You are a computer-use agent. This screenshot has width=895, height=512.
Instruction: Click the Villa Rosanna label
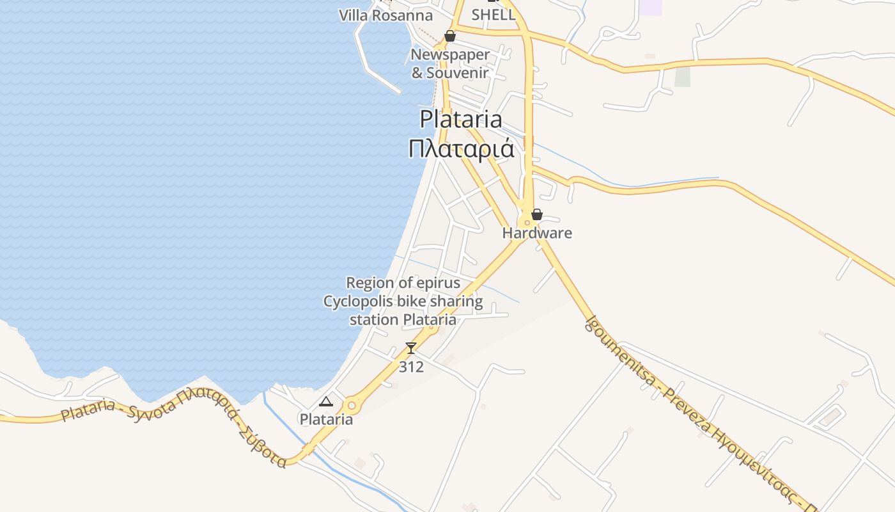[x=385, y=15]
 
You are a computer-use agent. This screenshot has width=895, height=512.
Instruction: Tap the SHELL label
[x=493, y=15]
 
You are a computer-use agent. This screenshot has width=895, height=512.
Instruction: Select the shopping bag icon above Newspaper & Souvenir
[x=450, y=36]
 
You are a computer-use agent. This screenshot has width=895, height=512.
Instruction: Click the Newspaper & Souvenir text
[x=449, y=63]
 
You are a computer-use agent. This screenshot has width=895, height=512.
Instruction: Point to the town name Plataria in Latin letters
[x=461, y=119]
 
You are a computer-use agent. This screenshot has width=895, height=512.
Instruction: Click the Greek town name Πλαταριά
[x=461, y=148]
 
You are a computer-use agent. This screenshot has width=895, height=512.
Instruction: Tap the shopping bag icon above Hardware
[x=537, y=214]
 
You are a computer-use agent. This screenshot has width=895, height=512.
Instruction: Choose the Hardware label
[x=537, y=233]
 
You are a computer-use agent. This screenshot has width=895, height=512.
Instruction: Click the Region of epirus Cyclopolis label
[x=403, y=301]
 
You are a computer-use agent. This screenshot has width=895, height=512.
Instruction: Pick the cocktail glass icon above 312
[x=411, y=348]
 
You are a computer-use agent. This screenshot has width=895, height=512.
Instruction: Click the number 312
[x=411, y=367]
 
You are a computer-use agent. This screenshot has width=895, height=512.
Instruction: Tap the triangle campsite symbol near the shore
[x=326, y=402]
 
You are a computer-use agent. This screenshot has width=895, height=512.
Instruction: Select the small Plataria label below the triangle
[x=326, y=419]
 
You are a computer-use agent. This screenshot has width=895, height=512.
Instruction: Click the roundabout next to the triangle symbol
[x=351, y=406]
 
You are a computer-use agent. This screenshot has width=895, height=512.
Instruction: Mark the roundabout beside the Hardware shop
[x=527, y=223]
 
